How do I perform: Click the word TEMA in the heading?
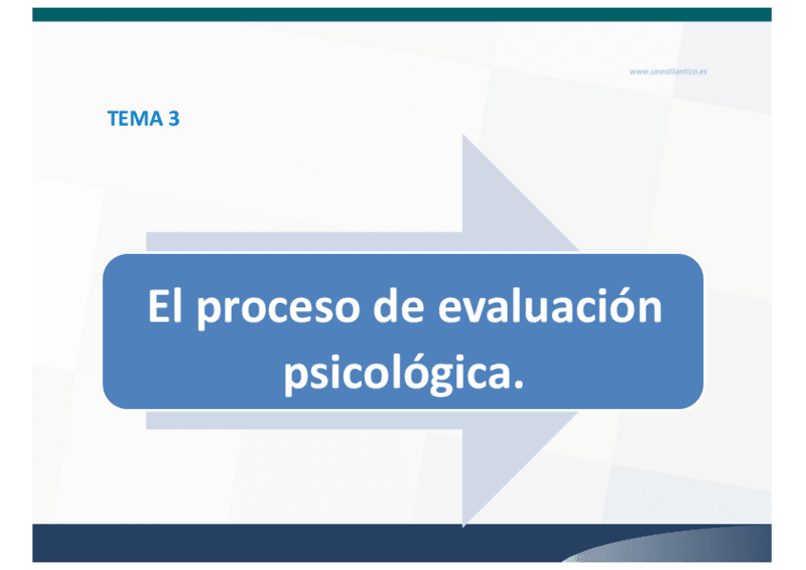pos(135,118)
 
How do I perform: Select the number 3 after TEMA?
pos(174,118)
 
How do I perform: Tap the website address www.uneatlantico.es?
pos(668,71)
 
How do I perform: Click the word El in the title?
pos(165,306)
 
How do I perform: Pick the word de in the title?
pos(398,306)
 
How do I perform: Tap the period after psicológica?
pos(518,383)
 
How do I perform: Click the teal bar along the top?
pos(402,14)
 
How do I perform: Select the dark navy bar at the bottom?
pos(402,542)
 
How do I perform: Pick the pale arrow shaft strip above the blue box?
pos(304,242)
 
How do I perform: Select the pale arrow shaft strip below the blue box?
pos(304,420)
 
